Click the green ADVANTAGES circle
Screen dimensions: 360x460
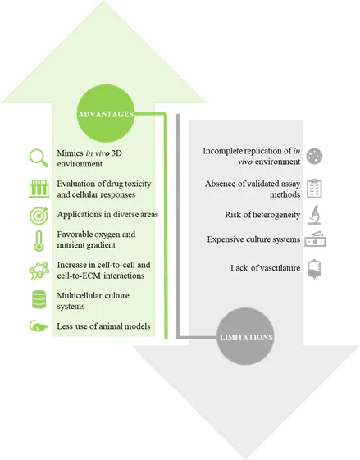coord(106,114)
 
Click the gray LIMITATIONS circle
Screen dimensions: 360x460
coord(245,337)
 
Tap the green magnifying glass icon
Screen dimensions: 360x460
coord(39,157)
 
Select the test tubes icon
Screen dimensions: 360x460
coord(39,189)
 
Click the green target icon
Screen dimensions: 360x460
coord(39,216)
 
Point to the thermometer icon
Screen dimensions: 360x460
coord(39,241)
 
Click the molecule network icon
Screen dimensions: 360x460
coord(39,271)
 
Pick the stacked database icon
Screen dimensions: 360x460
coord(39,299)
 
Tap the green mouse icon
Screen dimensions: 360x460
coord(39,326)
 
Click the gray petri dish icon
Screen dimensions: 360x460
coord(314,156)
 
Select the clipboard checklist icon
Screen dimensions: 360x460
coord(314,189)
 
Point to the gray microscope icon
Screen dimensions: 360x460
coord(314,215)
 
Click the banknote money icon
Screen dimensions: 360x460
coord(315,239)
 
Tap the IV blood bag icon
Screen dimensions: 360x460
coord(314,269)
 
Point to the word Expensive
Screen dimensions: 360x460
coord(221,239)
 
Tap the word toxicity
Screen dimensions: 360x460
coord(138,184)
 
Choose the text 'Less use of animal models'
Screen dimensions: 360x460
coord(103,326)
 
